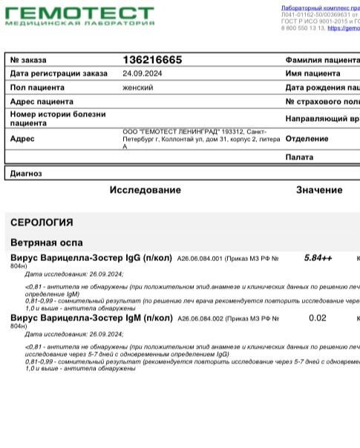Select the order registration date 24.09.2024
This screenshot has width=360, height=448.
[142, 74]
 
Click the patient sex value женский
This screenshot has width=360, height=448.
[138, 88]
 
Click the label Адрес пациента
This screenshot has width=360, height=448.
[42, 102]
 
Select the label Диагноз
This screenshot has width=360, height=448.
[26, 174]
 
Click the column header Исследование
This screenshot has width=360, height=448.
[145, 190]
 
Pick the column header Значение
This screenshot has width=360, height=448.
[319, 190]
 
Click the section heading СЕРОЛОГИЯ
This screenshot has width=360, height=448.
[42, 223]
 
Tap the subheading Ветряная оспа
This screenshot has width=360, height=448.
[47, 243]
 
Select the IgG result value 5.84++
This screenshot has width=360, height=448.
[318, 258]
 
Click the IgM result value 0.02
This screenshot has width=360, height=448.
[317, 318]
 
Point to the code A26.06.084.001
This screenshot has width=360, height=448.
[200, 259]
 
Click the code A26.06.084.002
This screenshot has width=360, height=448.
[200, 319]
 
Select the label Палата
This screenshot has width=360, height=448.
[299, 157]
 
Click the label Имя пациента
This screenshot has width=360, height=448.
[312, 74]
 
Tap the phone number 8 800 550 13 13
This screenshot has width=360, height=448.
[303, 28]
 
